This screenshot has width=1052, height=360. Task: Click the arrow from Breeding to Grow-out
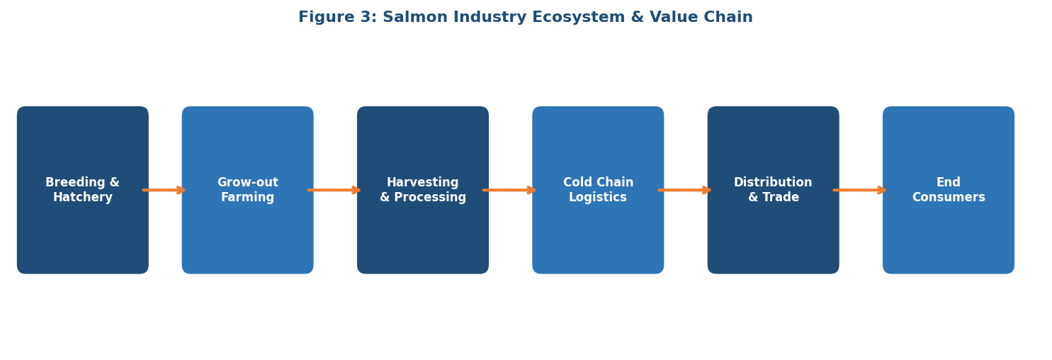pos(164,190)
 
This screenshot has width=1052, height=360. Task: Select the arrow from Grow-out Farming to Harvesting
pos(334,190)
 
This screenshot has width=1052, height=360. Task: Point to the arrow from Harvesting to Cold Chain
pos(509,190)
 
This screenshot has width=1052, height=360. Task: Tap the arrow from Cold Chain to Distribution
pos(684,190)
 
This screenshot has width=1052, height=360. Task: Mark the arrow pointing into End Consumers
pos(860,190)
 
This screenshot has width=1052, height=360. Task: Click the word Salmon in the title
pos(414,18)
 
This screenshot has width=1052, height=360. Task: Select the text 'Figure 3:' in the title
pos(337,18)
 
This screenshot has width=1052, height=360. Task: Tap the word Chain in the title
pos(730,18)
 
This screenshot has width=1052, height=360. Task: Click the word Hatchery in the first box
pos(83,198)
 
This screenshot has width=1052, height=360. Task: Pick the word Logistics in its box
pos(598,198)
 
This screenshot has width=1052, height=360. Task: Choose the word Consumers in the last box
pos(949,198)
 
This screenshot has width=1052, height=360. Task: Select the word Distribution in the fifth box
pos(773,183)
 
